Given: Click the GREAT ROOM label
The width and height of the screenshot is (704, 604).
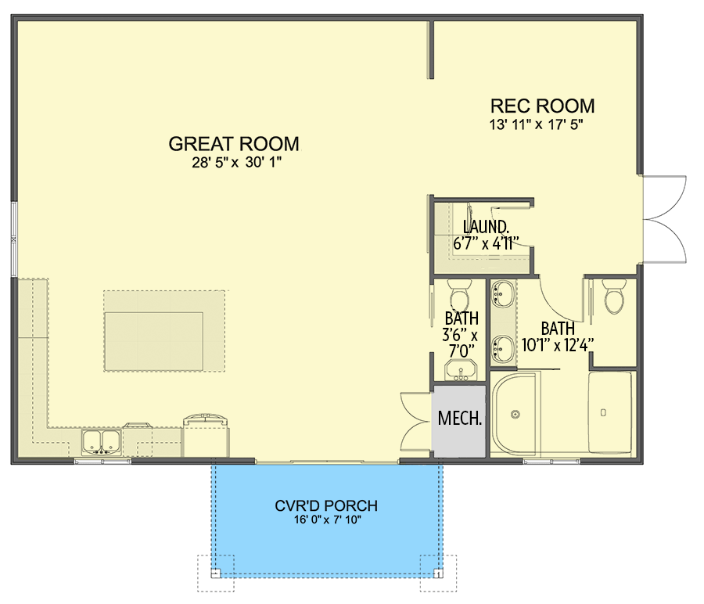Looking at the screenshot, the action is [234, 144].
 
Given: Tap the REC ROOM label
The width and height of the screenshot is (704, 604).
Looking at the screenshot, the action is [542, 106].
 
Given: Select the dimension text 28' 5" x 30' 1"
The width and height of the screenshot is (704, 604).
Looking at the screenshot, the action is [236, 162].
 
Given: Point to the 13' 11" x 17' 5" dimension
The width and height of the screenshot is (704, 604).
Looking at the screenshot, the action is [536, 124].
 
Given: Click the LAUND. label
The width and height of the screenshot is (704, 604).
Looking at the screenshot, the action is [486, 227].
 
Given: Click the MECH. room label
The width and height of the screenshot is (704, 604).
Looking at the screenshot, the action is [460, 418].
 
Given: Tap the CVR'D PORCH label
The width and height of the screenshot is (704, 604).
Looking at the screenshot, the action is [326, 505].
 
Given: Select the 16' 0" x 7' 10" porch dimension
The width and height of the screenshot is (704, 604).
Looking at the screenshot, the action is [328, 520].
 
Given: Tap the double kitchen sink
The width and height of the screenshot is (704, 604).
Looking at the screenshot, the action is [101, 442].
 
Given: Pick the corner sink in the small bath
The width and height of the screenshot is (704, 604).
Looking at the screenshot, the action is [461, 369].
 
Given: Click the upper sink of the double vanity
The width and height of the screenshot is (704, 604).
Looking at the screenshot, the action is [502, 294].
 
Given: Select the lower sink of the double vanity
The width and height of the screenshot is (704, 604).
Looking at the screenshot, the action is [502, 349].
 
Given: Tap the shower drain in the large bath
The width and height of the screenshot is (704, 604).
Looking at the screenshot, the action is [515, 415].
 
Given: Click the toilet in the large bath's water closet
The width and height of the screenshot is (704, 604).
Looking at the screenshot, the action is [614, 297].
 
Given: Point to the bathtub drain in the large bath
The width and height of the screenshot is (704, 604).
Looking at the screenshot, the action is [603, 412].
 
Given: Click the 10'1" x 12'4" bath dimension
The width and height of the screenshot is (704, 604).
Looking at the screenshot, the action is [558, 345].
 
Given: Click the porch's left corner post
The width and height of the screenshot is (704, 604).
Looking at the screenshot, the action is [216, 573].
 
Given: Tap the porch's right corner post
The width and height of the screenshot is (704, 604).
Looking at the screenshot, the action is [438, 573].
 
